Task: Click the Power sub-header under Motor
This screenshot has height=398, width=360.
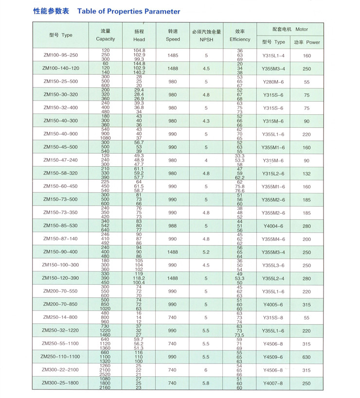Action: [306, 42]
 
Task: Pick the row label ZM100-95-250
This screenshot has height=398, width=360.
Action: [60, 55]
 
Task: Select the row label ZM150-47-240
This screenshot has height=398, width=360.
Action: [60, 160]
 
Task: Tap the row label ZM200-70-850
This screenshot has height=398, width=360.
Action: [60, 304]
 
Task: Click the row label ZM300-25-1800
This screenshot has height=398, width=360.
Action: [60, 383]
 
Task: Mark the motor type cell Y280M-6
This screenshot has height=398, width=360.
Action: [273, 82]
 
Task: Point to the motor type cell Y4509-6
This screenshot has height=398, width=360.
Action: [273, 357]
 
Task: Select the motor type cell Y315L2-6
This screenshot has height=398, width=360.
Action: [273, 173]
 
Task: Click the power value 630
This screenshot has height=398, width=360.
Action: [306, 357]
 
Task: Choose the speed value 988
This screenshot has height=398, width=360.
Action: [173, 226]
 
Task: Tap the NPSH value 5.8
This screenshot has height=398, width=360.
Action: [206, 383]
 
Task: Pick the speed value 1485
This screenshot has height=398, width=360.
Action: [173, 55]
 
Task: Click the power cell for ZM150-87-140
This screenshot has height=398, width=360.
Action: [306, 239]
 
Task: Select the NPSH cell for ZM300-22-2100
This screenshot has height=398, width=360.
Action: [206, 370]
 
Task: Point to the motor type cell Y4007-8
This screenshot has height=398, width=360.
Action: [273, 383]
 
